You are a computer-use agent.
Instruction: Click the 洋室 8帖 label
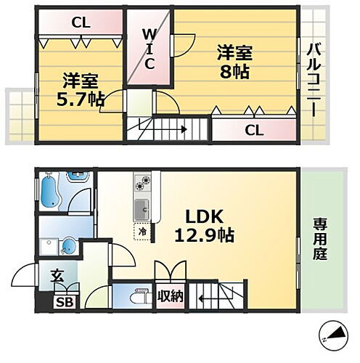point(234,62)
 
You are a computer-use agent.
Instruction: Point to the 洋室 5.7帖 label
point(80,89)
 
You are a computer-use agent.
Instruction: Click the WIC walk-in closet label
point(148,49)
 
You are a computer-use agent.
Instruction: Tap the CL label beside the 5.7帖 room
point(81,23)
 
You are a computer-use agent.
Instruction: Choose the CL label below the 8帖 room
point(253,131)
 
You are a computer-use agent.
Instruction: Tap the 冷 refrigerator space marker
point(142,232)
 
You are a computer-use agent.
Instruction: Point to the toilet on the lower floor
point(135,298)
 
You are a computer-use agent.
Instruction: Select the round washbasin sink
point(67,247)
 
